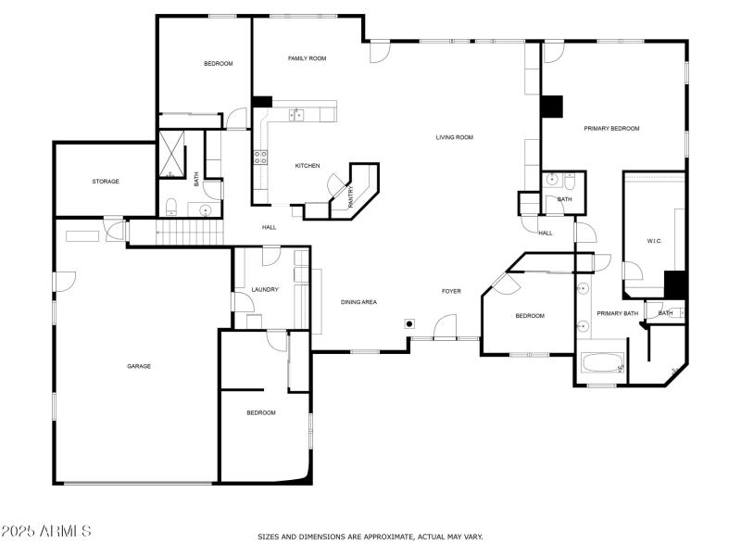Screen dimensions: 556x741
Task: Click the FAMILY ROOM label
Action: [x=307, y=58]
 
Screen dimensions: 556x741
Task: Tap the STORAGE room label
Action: [x=105, y=182]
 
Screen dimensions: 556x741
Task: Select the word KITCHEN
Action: [x=308, y=166]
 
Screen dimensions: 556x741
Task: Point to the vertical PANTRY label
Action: [x=351, y=196]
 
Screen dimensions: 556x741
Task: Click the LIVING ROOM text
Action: [x=454, y=137]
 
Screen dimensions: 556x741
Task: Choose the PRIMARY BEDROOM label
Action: [x=611, y=128]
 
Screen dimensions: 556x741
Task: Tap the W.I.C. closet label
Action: [x=654, y=241]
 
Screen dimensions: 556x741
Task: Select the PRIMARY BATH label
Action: [x=617, y=313]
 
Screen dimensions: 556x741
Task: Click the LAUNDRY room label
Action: [x=265, y=290]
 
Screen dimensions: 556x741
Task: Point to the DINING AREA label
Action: [x=358, y=302]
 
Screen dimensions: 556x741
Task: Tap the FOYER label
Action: [x=451, y=291]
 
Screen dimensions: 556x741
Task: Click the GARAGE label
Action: [x=139, y=366]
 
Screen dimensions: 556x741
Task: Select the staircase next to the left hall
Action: [x=191, y=233]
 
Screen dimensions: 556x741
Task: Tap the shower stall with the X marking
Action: [x=171, y=153]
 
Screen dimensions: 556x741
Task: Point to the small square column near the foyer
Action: [x=408, y=324]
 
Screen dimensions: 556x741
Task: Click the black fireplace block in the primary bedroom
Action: [x=552, y=107]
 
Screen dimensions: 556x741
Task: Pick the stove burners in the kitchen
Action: [x=261, y=157]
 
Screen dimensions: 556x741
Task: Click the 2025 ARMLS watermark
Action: [x=46, y=532]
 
